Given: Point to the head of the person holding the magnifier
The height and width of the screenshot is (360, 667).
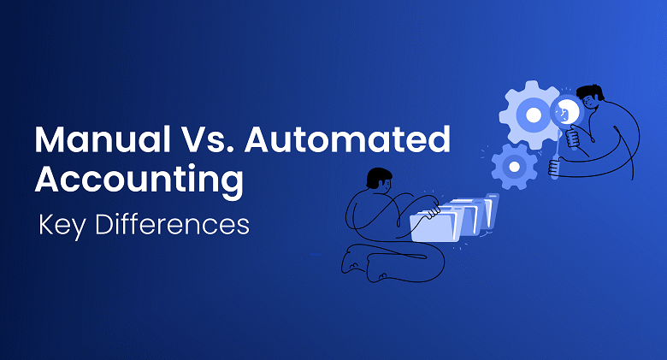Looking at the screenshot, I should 590,98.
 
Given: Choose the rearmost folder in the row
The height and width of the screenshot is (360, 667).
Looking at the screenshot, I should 491,209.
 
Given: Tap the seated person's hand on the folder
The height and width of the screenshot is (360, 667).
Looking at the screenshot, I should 436,208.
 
